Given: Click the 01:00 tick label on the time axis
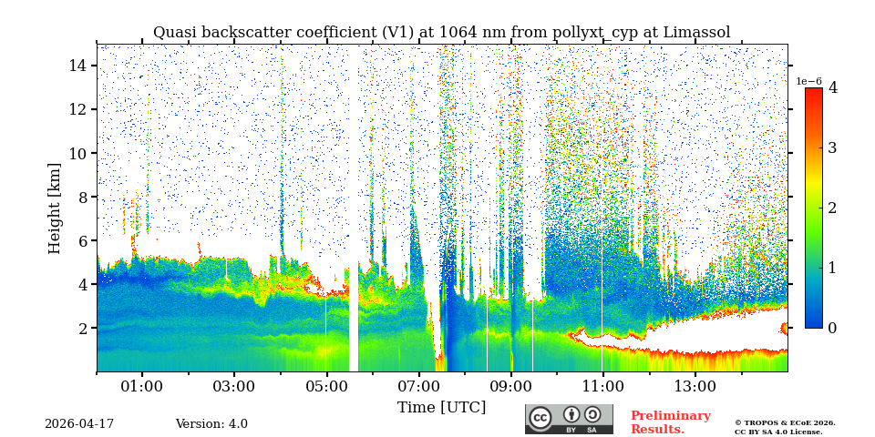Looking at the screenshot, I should tap(142, 387).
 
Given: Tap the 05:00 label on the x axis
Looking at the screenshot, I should tap(326, 387).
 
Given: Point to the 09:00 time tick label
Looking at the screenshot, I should tap(510, 387).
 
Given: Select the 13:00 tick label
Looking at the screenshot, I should tap(695, 387).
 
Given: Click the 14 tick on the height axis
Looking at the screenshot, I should tap(77, 66).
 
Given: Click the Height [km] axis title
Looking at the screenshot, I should tap(55, 208).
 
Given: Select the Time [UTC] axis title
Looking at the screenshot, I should tap(441, 408).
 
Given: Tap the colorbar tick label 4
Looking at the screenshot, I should tap(832, 88).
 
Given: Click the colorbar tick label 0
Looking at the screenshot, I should tap(832, 328).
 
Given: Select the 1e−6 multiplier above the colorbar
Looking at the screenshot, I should tap(809, 81).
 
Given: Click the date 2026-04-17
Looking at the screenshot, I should tap(79, 424).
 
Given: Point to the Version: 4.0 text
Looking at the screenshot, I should tap(211, 424).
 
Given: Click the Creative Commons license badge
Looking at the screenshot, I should tap(569, 419).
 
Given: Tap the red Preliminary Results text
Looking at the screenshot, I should tap(670, 422).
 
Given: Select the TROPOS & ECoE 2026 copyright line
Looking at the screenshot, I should tap(785, 423).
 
